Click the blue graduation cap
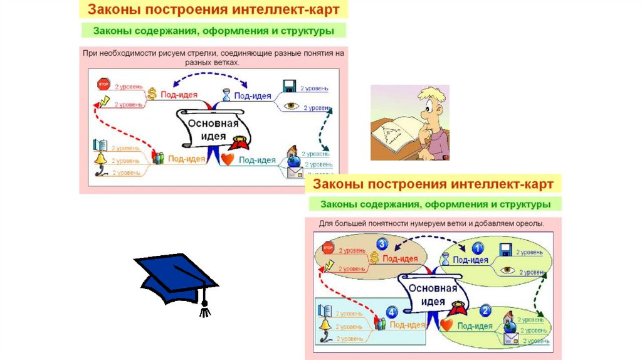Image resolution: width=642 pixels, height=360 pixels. [173, 279]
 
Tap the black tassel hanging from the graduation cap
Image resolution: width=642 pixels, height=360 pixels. [204, 309]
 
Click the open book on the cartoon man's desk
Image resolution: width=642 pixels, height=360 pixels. [394, 132]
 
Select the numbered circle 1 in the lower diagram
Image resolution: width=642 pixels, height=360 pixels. [478, 248]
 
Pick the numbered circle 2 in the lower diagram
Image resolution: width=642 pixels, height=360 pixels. [485, 311]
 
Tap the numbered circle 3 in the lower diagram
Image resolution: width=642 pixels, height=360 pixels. [383, 245]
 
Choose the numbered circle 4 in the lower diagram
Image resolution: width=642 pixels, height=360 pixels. [392, 312]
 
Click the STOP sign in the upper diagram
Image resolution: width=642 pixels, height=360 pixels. [103, 85]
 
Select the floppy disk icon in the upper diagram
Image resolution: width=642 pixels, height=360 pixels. [289, 87]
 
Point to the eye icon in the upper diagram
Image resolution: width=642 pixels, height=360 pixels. [292, 107]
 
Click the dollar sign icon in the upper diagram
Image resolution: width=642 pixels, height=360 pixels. [152, 95]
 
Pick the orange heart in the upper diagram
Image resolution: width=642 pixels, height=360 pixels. [227, 159]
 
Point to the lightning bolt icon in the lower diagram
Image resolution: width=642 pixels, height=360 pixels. [330, 265]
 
